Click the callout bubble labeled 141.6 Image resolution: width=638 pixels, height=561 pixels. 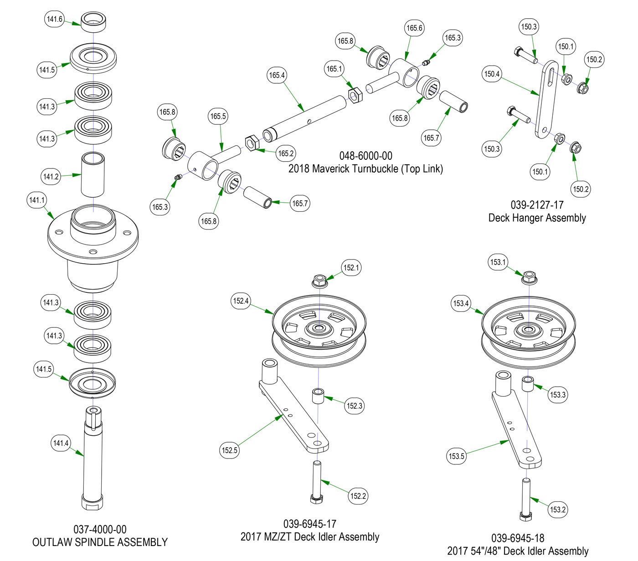[x=55, y=19]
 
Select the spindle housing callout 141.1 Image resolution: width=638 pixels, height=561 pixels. [x=37, y=200]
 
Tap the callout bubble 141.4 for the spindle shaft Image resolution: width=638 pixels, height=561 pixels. [x=61, y=443]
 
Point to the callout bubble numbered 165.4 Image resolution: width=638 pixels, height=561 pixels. [x=277, y=75]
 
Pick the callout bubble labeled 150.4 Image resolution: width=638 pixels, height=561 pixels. [x=492, y=74]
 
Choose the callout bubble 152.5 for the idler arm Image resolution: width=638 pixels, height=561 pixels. [x=230, y=450]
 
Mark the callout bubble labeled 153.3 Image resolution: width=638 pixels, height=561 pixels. [x=558, y=395]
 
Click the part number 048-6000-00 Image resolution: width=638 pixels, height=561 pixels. [x=365, y=156]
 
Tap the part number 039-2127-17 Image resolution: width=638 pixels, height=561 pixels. [x=537, y=205]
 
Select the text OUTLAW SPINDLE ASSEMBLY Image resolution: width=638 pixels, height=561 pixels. [x=100, y=542]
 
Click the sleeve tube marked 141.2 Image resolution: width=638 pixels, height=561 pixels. [x=93, y=175]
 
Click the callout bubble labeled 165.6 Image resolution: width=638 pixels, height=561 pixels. [x=414, y=28]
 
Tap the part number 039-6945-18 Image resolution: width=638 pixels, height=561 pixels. [x=518, y=538]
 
